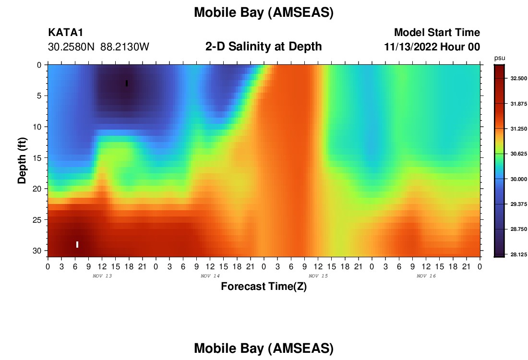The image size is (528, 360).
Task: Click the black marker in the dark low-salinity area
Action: tap(127, 83)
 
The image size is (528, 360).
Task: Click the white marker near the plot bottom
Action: tap(77, 244)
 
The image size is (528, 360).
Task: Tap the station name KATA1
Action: tap(66, 32)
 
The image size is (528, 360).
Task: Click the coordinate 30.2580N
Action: tap(72, 47)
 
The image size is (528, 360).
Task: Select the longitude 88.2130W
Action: tap(125, 47)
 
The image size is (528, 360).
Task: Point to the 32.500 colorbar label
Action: tap(518, 78)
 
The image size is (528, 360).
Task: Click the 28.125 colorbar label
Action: tap(518, 254)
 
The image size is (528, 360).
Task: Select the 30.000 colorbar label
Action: tap(518, 179)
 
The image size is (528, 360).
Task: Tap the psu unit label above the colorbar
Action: tap(500, 59)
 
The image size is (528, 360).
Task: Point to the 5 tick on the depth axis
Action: tap(39, 96)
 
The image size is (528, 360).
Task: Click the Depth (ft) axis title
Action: tap(22, 161)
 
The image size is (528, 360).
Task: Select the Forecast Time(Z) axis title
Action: tap(264, 287)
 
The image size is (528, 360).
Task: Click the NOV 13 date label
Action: tap(102, 276)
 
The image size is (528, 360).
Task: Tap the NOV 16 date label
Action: tap(426, 276)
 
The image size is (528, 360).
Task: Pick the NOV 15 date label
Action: tap(318, 276)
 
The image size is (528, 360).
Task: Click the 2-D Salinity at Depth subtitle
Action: tap(264, 47)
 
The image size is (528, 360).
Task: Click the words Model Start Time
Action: tap(437, 32)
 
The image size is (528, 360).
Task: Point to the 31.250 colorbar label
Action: tap(518, 129)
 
